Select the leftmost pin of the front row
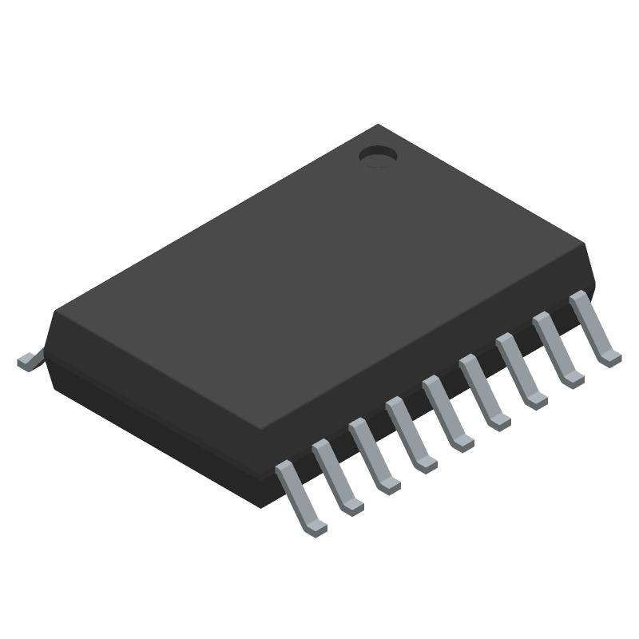click(299, 495)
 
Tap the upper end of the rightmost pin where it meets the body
click(577, 297)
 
